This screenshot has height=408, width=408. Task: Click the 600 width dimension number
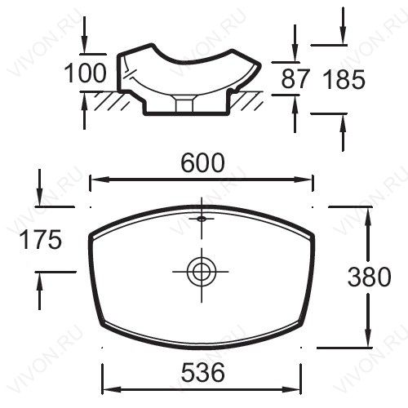203,162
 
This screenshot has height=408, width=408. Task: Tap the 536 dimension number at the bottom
203,372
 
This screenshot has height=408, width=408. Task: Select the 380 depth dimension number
369,277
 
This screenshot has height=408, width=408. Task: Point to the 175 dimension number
41,239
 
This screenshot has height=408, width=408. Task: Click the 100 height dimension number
85,73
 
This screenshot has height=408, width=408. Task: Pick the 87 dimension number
295,79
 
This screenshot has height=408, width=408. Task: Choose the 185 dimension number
344,79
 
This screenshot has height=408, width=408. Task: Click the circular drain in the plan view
202,272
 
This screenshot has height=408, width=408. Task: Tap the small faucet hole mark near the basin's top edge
202,218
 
